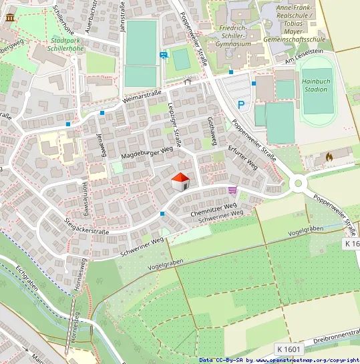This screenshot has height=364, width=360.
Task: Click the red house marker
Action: [x=180, y=182]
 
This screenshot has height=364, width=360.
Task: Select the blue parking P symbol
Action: [x=241, y=104]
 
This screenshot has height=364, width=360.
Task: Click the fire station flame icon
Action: [x=329, y=156]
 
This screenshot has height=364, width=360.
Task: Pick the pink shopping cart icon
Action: [x=232, y=191]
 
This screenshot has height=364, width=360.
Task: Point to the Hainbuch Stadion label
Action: [x=315, y=84]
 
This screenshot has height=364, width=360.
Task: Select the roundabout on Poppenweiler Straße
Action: [x=297, y=183]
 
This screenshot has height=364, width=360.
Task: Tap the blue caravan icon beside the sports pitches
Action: [x=164, y=55]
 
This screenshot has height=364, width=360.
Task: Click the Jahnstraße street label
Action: [x=122, y=15]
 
